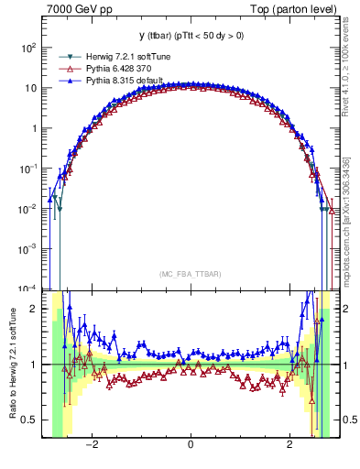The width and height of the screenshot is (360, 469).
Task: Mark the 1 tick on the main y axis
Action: point(37,128)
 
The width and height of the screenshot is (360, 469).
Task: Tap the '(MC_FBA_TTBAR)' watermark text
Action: point(190,274)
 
